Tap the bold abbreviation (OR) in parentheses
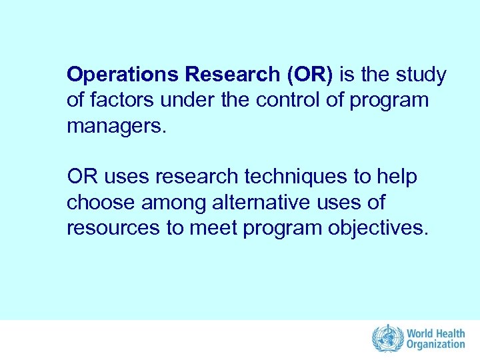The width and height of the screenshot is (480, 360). click(x=309, y=75)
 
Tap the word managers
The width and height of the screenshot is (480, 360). click(x=114, y=126)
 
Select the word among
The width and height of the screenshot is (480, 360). click(x=171, y=202)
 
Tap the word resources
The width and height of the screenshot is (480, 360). click(x=111, y=227)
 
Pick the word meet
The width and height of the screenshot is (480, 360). click(x=215, y=227)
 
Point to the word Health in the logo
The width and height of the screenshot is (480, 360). click(x=451, y=333)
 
